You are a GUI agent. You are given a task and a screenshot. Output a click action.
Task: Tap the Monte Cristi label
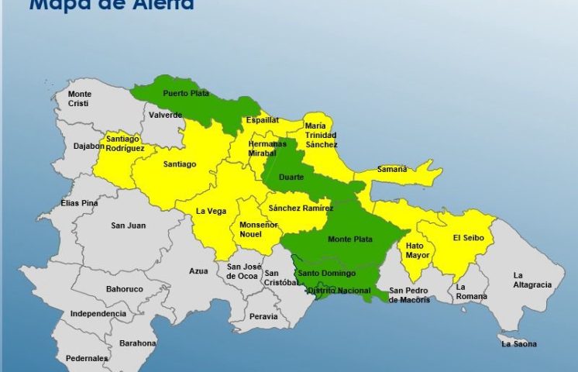(x=79, y=99)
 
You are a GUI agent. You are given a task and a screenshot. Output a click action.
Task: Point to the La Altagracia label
(x=532, y=280)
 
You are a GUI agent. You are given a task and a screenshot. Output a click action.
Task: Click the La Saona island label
(x=518, y=343)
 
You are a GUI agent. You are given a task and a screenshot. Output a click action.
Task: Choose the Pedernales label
(x=87, y=358)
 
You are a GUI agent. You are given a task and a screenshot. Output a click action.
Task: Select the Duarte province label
(x=291, y=177)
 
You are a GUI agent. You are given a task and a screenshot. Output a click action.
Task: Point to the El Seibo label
(x=468, y=238)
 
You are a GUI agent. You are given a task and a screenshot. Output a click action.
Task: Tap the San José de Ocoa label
(x=242, y=271)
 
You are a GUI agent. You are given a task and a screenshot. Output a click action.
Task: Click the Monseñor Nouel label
(x=256, y=229)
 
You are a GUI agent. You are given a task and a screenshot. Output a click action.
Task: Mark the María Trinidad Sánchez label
(x=321, y=134)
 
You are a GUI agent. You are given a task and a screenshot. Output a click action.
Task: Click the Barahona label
(x=137, y=343)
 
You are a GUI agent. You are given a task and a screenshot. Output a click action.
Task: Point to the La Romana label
(x=470, y=291)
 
